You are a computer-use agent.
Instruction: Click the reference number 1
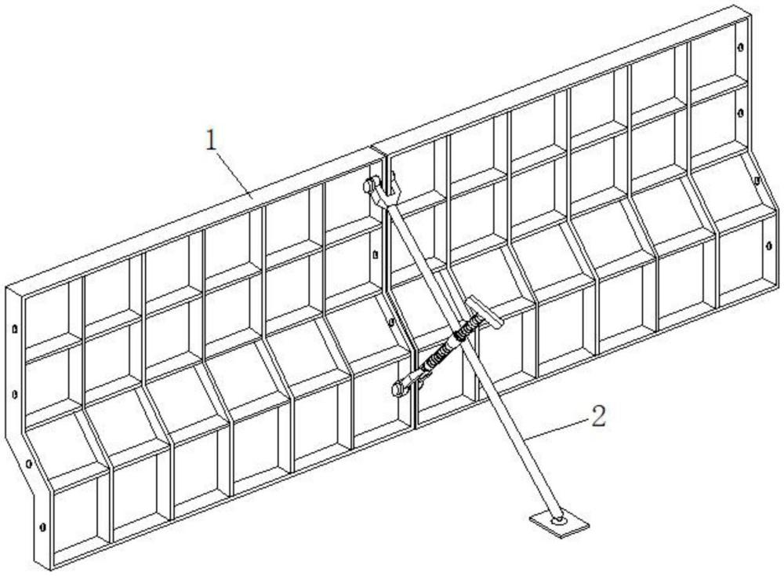210,141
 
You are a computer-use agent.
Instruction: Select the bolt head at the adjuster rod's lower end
395,386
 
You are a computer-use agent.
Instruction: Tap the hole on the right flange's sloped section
757,180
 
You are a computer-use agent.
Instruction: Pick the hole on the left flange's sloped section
28,464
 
